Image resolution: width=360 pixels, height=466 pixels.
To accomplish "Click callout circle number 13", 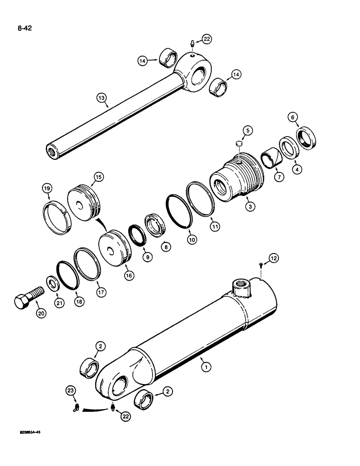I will (x=102, y=98).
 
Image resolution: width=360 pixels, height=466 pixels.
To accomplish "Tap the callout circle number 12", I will (x=273, y=258).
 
